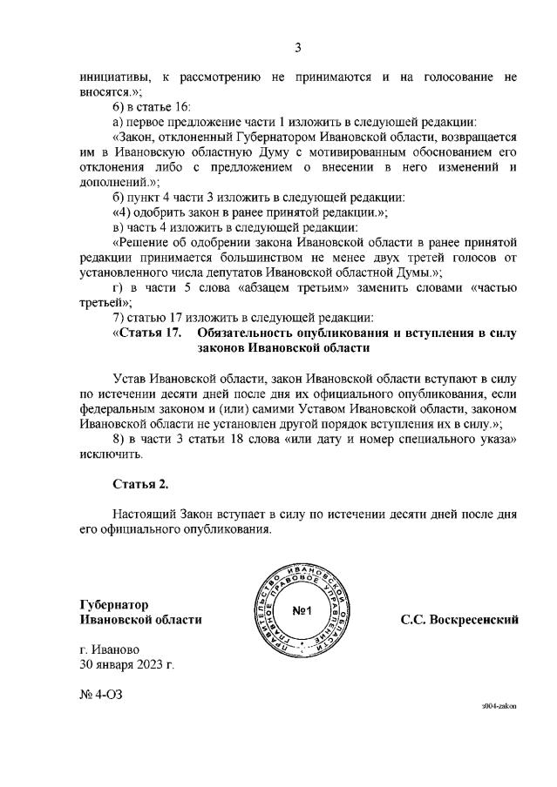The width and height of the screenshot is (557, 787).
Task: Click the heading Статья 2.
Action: tap(139, 483)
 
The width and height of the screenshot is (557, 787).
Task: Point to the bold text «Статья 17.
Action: tap(147, 333)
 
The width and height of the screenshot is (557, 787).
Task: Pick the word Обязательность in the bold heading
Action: tap(247, 333)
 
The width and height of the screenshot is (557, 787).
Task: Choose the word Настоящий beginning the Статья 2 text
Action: tap(144, 514)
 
